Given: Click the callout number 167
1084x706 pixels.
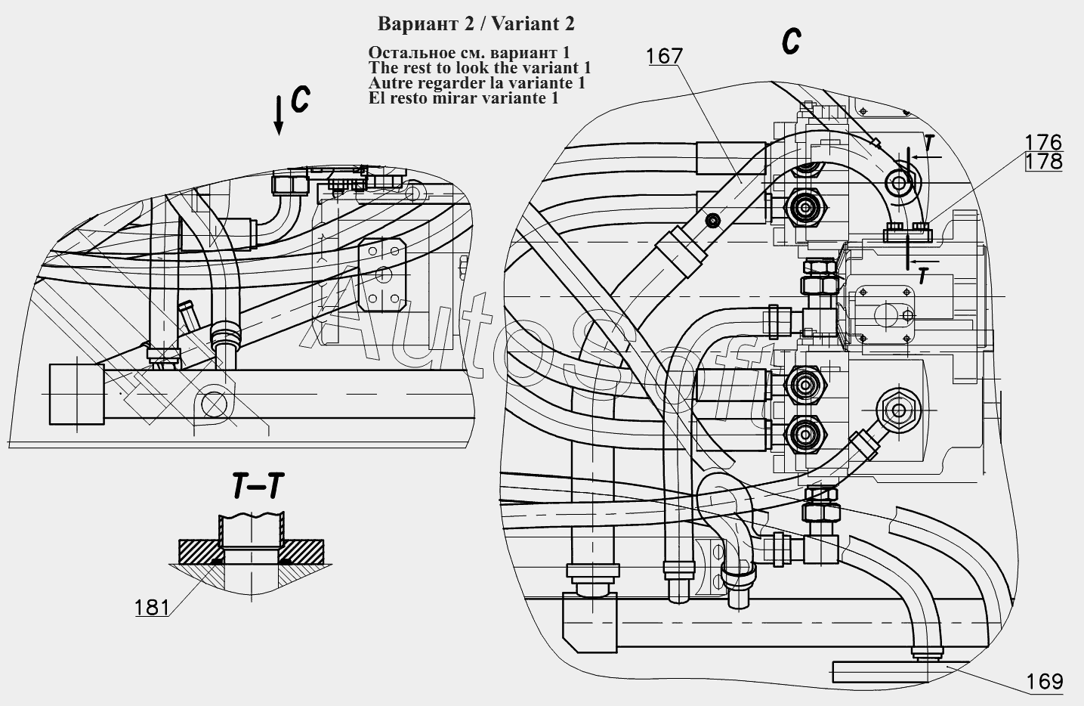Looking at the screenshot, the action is [665, 57].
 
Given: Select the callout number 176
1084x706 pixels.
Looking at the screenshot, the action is [1043, 142].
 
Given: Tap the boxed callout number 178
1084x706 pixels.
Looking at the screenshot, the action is [1044, 162].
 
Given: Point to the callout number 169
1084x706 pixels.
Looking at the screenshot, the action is [1044, 682].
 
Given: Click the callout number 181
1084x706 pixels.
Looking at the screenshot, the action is [152, 607].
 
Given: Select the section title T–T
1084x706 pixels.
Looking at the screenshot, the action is [258, 486].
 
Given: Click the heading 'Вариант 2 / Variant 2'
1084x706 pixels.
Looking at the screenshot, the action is [476, 23].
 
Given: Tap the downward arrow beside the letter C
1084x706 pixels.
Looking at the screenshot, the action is [279, 115].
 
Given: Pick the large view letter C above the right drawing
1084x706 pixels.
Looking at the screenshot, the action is [791, 40].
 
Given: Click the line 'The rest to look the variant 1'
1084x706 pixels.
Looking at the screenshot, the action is [480, 67].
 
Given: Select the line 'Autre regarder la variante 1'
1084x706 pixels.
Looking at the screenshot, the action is [477, 83].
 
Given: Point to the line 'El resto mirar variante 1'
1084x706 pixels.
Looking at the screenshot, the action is [464, 98].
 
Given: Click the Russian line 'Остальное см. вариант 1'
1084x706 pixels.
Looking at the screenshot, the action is [469, 52].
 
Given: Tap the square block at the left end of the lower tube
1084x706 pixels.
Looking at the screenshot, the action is [77, 395].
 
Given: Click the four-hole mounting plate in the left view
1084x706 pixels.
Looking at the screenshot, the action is [382, 275].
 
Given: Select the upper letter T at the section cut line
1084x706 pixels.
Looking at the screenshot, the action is [928, 143].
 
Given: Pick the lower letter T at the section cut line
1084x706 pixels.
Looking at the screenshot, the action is [923, 277].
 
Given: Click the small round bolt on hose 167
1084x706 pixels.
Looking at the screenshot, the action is [713, 221].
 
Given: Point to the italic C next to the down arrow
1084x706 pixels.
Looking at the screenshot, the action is [300, 100].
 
